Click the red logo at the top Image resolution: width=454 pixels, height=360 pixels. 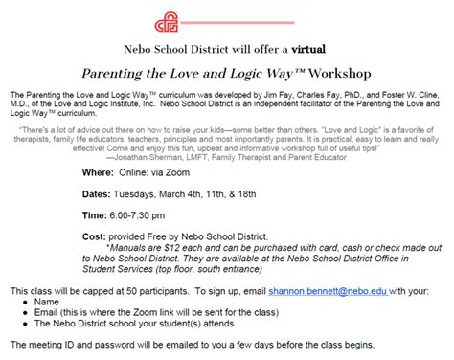[x=227, y=18]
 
